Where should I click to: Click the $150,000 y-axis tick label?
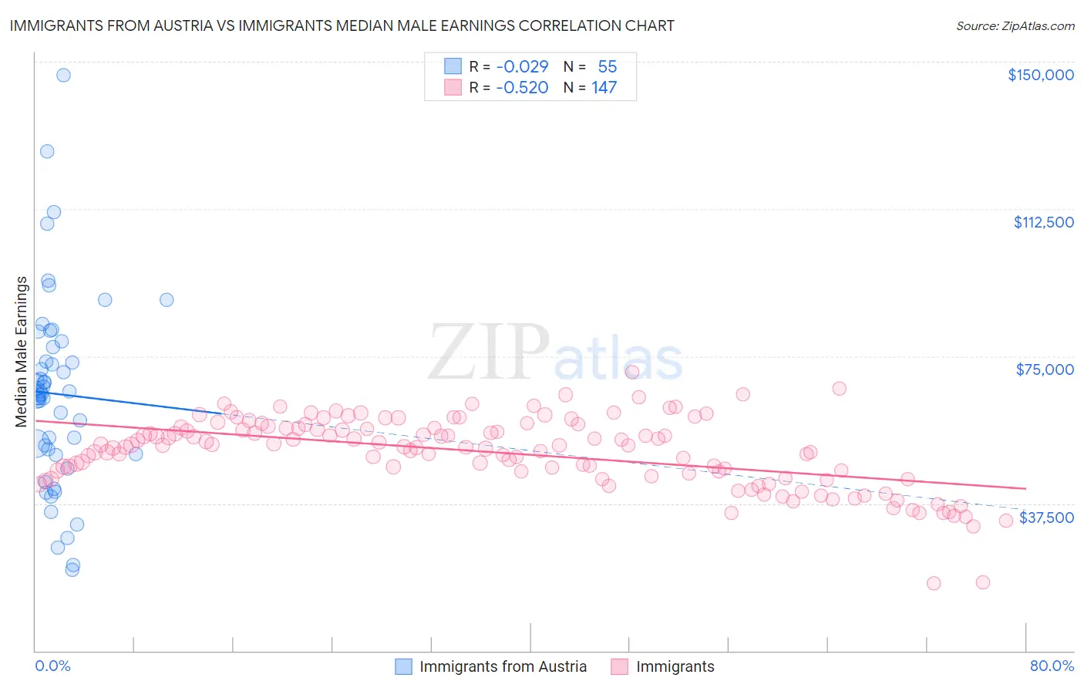[1040, 75]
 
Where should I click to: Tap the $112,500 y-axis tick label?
[1043, 222]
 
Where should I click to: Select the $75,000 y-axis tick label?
[1045, 369]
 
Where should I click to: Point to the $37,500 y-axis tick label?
[1046, 518]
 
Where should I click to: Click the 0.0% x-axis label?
[52, 666]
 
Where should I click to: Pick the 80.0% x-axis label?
[1052, 666]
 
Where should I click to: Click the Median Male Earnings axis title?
[21, 352]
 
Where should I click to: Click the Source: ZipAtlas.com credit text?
[1015, 25]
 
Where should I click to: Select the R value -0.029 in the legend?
[522, 66]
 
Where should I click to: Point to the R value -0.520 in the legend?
[522, 87]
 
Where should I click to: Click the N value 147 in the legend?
[604, 87]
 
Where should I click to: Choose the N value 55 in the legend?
[607, 66]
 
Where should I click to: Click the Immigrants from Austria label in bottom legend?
[503, 666]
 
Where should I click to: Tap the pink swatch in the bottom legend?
[620, 666]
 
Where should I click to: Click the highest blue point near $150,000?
[63, 75]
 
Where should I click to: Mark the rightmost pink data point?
[1005, 521]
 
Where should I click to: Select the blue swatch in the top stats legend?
[453, 66]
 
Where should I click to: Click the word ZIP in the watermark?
[489, 352]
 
